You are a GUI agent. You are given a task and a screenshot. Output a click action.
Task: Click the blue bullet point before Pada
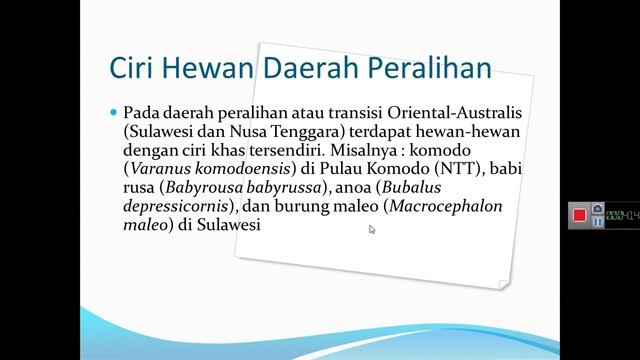click(x=114, y=112)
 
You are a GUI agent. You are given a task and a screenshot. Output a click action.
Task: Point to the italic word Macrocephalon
click(x=446, y=207)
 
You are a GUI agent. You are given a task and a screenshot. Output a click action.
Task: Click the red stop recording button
click(x=579, y=215)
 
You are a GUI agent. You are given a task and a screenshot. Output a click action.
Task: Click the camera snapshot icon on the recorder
click(x=597, y=209)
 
